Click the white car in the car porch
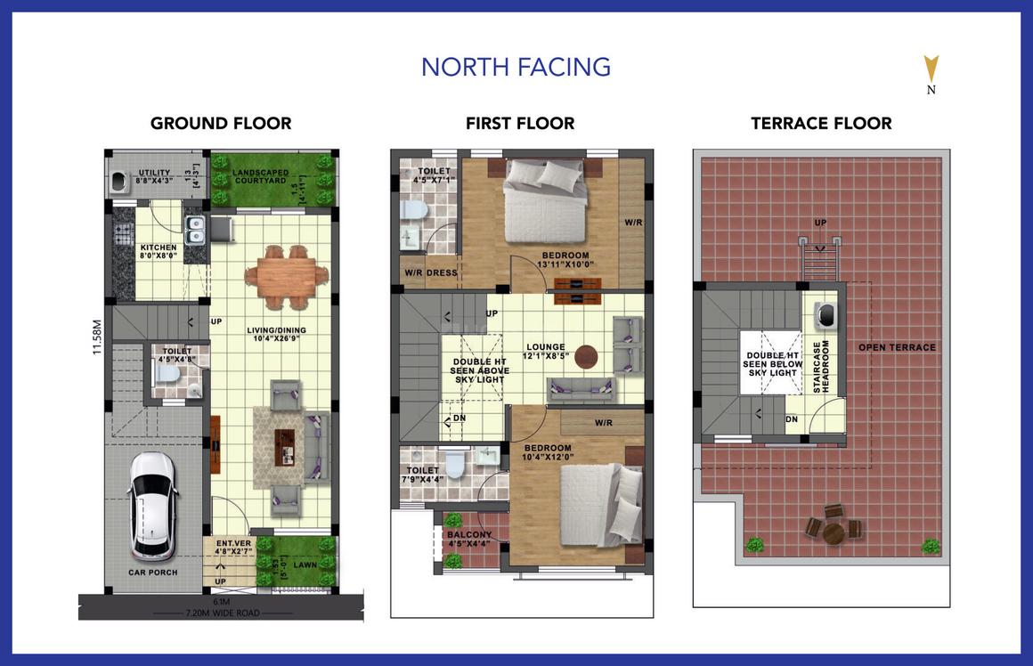(x=153, y=505)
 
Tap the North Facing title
(x=516, y=67)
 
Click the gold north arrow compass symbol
(x=931, y=69)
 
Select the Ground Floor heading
(x=221, y=124)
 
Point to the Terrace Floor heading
(x=821, y=124)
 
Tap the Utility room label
(x=153, y=176)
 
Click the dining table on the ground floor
(x=280, y=275)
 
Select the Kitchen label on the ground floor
(x=159, y=251)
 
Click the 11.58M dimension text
(x=97, y=338)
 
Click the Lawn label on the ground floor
(x=305, y=564)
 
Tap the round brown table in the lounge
(x=587, y=357)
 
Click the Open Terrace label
(x=897, y=347)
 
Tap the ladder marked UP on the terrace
(x=819, y=259)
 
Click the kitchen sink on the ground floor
(x=195, y=230)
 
